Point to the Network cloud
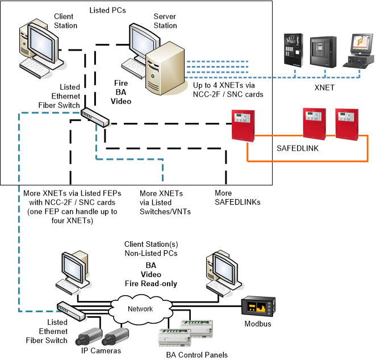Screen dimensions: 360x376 pos(140,309)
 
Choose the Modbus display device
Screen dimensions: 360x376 pos(259,308)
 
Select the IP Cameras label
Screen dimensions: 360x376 pos(97,351)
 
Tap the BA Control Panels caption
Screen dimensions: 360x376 pos(193,354)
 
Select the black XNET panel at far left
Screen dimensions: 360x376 pos(293,51)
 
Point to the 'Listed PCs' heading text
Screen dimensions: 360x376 pos(108,11)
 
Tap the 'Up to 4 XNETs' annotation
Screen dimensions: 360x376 pos(228,89)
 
